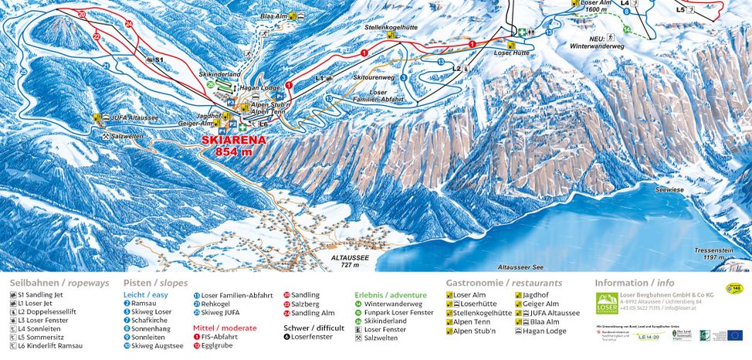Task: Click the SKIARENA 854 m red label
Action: click(x=233, y=146)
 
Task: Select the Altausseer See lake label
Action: click(x=522, y=266)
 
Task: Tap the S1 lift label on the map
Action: click(x=159, y=59)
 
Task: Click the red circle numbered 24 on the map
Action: click(x=129, y=25)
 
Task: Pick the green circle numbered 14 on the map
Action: click(x=627, y=30)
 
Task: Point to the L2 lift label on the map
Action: click(x=456, y=69)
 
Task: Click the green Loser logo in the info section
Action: click(x=607, y=304)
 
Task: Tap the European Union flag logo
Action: click(x=733, y=335)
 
